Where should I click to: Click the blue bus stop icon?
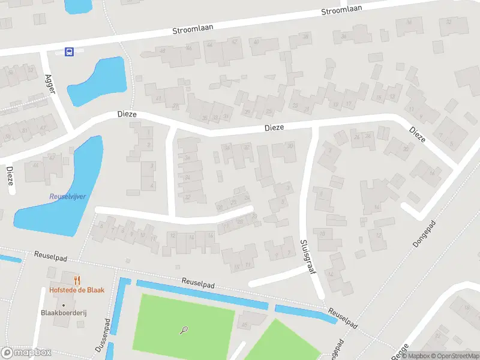coord(70,52)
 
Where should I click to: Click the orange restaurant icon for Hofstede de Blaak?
coord(77,280)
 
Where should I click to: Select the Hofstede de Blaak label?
coord(77,290)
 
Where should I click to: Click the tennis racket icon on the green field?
coord(184,329)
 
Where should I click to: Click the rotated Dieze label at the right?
coord(418,134)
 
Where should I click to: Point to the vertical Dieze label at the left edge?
coord(10,176)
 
